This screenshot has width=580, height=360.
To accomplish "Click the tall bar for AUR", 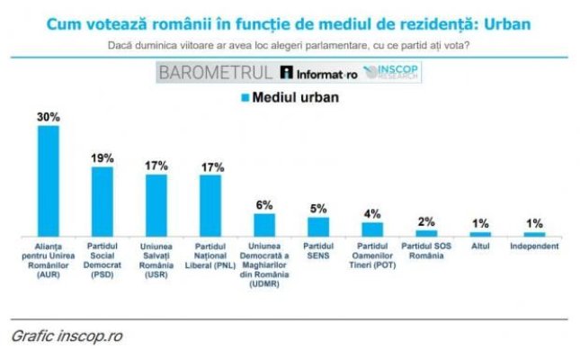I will pyautogui.click(x=49, y=180).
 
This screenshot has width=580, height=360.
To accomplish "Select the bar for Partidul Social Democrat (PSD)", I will pyautogui.click(x=103, y=201).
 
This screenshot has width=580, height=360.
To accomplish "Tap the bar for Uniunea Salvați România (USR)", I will pyautogui.click(x=156, y=204).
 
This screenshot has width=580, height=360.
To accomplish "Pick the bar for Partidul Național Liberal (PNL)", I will pyautogui.click(x=210, y=204).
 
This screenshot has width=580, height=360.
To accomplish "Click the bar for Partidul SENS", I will pyautogui.click(x=318, y=226).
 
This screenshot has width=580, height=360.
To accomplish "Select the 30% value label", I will pyautogui.click(x=49, y=118).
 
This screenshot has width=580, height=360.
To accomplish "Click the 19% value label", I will pyautogui.click(x=103, y=158).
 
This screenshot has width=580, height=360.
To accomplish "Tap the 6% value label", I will pyautogui.click(x=264, y=205).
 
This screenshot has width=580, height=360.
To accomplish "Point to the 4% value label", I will pyautogui.click(x=372, y=213).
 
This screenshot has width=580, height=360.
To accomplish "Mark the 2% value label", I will pyautogui.click(x=426, y=221).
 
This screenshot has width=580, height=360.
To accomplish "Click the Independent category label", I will pyautogui.click(x=534, y=246).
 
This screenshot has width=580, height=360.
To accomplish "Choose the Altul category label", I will pyautogui.click(x=480, y=246).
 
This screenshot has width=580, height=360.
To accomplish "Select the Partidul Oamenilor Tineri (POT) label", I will pyautogui.click(x=371, y=255).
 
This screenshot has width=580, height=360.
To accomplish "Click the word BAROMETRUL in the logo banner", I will pyautogui.click(x=216, y=72).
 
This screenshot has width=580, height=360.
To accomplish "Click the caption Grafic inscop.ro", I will pyautogui.click(x=67, y=337).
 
